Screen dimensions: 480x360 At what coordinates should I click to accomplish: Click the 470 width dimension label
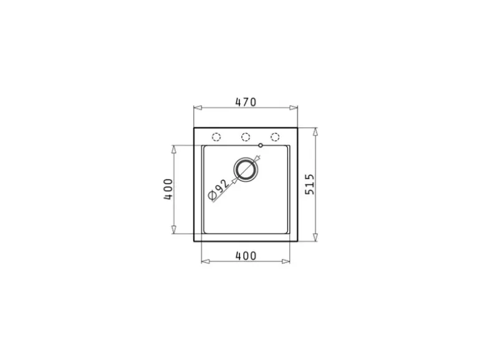pyautogui.click(x=246, y=102)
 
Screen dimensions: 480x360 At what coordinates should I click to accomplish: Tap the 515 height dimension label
pyautogui.click(x=310, y=184)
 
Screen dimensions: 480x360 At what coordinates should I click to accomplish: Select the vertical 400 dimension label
pyautogui.click(x=168, y=189)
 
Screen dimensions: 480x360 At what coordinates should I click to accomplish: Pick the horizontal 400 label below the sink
pyautogui.click(x=246, y=256)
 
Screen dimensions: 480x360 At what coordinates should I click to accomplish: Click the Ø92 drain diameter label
pyautogui.click(x=218, y=189)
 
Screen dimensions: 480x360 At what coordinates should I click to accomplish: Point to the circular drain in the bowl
pyautogui.click(x=246, y=169)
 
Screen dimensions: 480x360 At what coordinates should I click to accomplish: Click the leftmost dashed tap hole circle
pyautogui.click(x=216, y=137)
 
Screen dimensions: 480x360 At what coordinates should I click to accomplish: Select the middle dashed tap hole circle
pyautogui.click(x=246, y=137)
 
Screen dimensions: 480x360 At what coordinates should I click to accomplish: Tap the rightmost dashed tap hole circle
pyautogui.click(x=275, y=137)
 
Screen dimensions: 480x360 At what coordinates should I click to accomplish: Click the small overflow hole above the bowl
pyautogui.click(x=261, y=145)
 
